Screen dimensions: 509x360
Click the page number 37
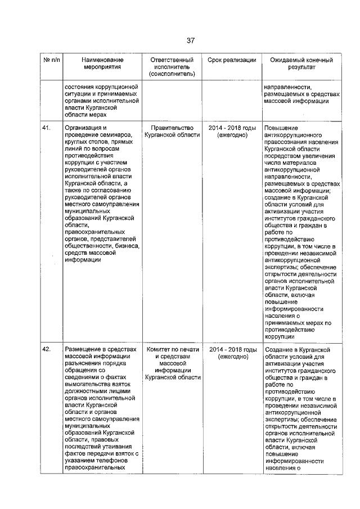point(190,40)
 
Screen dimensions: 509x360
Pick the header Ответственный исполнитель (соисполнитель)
point(172,67)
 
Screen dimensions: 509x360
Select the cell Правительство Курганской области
point(172,132)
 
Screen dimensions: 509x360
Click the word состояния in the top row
point(79,88)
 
